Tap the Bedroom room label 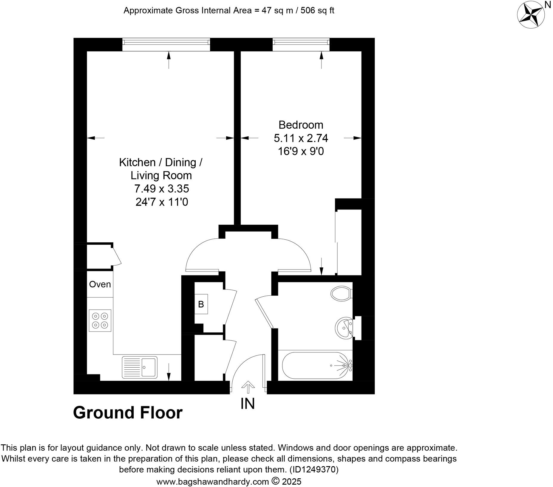[301, 125]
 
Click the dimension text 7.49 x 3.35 [161, 189]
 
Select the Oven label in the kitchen [100, 284]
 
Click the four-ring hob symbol [100, 320]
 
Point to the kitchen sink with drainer [139, 367]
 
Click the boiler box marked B [201, 304]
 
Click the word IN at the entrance [248, 404]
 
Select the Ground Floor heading [128, 413]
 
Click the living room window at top [166, 45]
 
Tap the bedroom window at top [301, 45]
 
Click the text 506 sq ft [317, 10]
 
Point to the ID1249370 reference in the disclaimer [314, 470]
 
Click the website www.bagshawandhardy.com [213, 482]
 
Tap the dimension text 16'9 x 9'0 [301, 152]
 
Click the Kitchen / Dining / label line [161, 162]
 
